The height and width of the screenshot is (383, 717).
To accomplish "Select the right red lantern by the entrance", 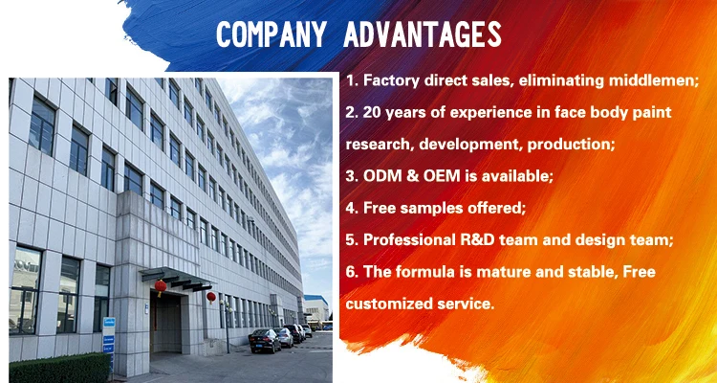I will (x=211, y=297).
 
